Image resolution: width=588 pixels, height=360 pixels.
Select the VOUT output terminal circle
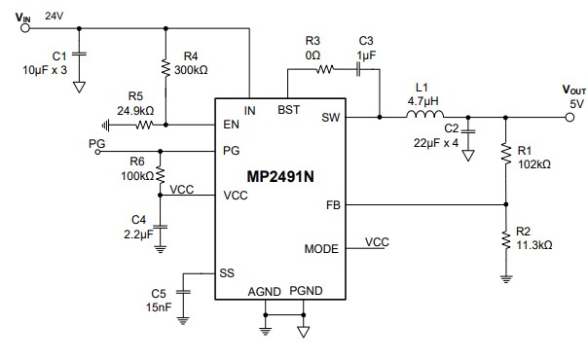click(570, 116)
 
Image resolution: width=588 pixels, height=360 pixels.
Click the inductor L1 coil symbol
click(424, 116)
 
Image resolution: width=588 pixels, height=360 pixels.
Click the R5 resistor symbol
click(144, 125)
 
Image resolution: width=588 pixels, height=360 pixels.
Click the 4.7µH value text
click(423, 100)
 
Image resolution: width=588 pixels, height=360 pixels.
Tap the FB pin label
click(332, 205)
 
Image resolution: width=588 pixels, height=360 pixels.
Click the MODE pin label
click(321, 248)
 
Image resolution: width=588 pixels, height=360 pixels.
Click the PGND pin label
click(305, 290)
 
